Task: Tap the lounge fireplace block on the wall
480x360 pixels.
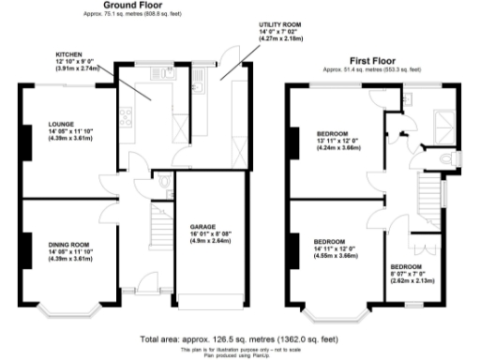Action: coord(22,137)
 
